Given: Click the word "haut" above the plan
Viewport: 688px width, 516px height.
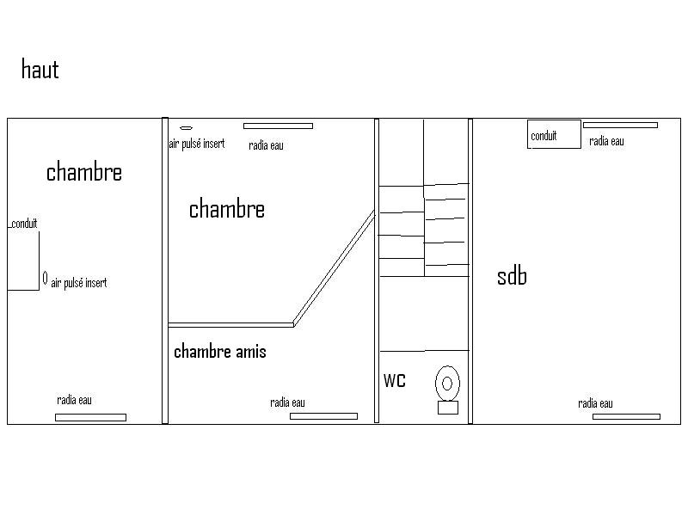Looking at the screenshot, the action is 40,70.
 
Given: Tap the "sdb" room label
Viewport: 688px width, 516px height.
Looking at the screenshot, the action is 512,276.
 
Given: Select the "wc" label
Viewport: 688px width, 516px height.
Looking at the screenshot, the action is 395,380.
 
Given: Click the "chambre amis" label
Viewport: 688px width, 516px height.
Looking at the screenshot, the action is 220,352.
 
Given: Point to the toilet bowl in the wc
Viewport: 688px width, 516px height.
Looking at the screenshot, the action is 447,383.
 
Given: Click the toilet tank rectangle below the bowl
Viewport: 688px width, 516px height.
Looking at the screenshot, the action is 448,407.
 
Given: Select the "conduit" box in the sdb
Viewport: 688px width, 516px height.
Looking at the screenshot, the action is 554,134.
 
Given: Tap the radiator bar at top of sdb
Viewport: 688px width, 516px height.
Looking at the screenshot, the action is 620,125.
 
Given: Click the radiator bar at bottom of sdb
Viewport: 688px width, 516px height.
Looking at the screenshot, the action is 627,416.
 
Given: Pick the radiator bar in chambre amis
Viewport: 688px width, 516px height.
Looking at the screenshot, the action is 324,416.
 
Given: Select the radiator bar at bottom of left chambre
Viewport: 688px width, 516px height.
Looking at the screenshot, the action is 91,417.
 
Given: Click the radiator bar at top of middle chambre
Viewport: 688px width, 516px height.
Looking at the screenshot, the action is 278,126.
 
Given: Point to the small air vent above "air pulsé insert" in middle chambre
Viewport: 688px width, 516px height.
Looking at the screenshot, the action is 187,127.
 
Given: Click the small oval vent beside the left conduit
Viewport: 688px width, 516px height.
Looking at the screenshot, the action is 46,278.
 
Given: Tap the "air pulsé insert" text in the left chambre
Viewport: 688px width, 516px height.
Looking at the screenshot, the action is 79,283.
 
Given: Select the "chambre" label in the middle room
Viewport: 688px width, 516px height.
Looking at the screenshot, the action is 227,209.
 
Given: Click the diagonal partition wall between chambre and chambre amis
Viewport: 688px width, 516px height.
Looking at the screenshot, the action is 335,268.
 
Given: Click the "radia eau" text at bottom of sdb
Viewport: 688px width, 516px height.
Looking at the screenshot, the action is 595,403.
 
